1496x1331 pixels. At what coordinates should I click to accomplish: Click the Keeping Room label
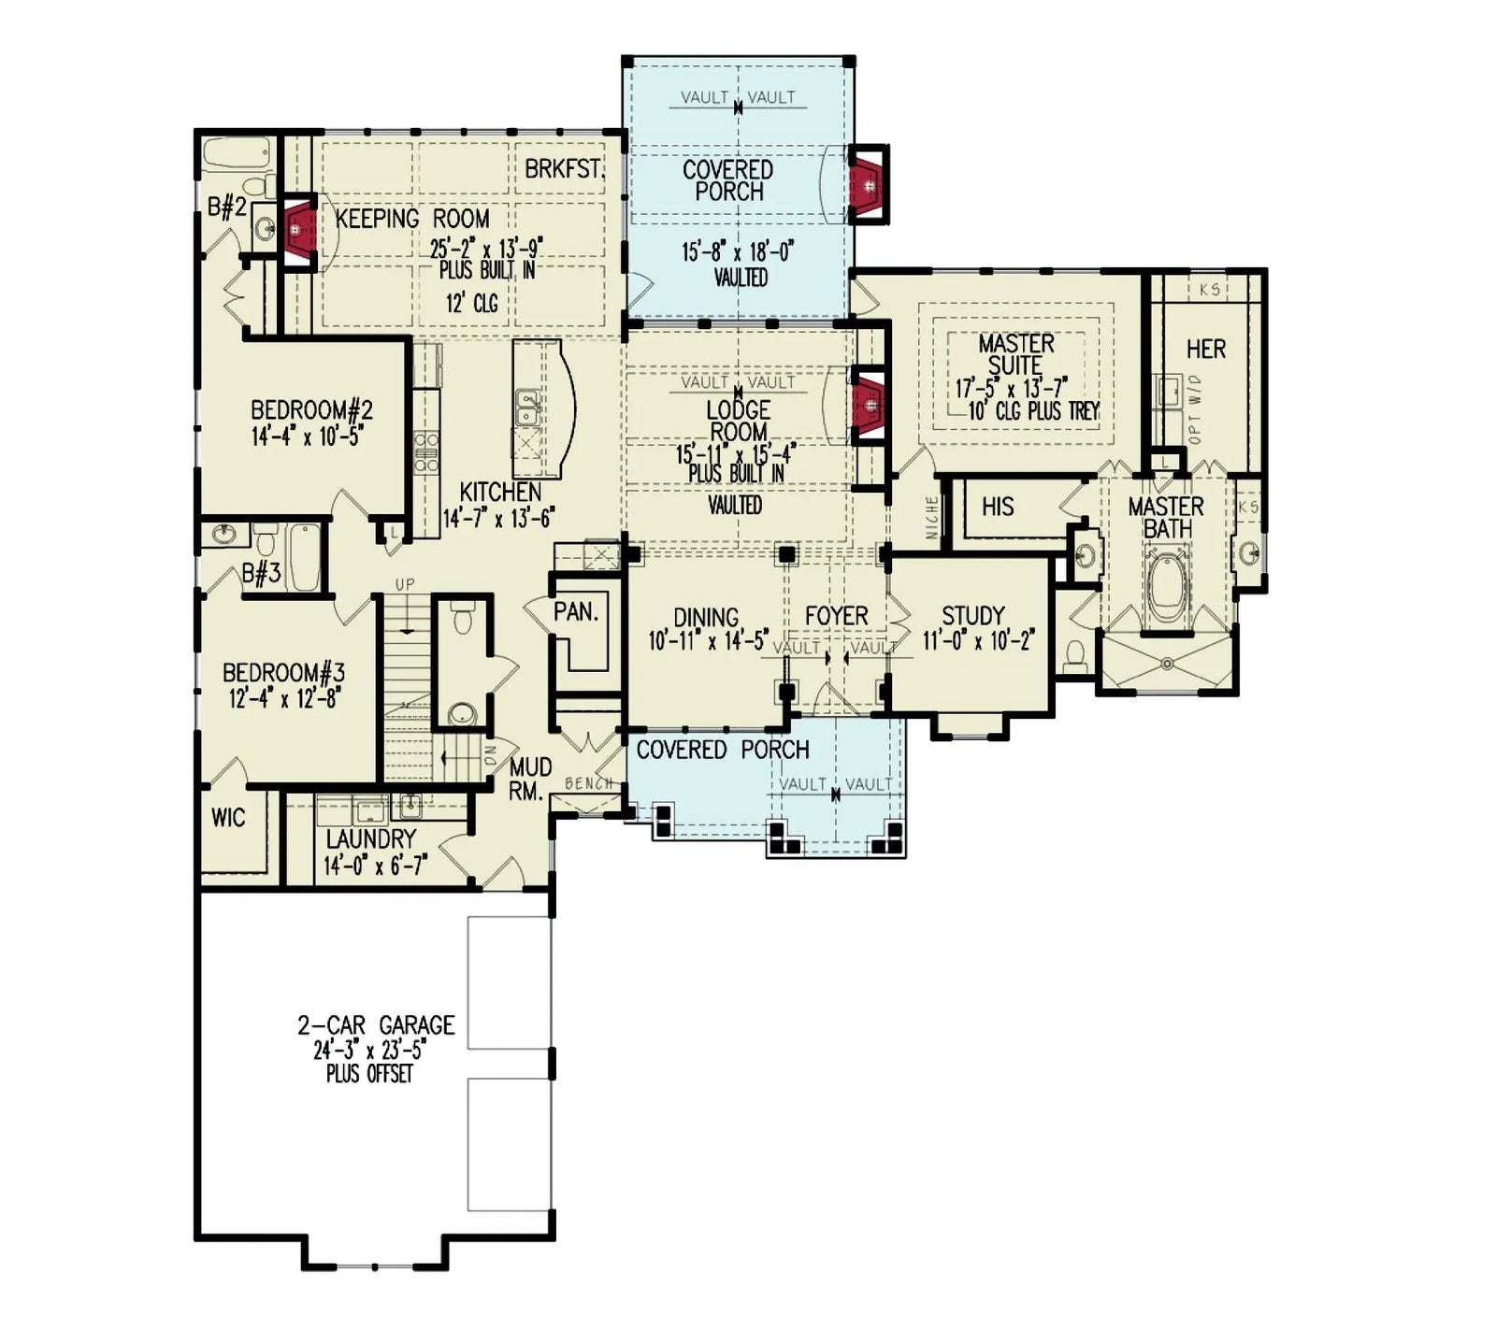point(412,219)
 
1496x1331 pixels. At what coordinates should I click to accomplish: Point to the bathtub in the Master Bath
point(1167,588)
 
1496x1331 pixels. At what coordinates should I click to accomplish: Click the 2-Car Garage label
point(376,1025)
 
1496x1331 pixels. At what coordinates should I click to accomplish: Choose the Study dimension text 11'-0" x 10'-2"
point(978,641)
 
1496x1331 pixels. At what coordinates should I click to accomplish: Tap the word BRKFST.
point(564,170)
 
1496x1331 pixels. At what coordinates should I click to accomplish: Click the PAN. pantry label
point(575,612)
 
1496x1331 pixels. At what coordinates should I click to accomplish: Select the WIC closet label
point(228,818)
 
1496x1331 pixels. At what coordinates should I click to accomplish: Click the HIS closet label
point(997,507)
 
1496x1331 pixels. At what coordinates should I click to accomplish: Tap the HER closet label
point(1205,350)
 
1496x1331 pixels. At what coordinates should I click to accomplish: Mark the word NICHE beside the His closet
point(931,517)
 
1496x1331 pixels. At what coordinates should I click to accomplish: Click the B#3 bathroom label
point(261,573)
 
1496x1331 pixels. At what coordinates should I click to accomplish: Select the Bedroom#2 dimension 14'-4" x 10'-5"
point(307,436)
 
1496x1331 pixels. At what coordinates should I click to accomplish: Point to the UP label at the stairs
point(404,585)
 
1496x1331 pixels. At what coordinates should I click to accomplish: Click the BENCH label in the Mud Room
point(589,783)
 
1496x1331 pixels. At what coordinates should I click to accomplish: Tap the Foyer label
point(836,616)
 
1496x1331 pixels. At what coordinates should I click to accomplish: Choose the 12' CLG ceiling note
point(472,303)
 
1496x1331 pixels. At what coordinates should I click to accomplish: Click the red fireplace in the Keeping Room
point(298,228)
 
